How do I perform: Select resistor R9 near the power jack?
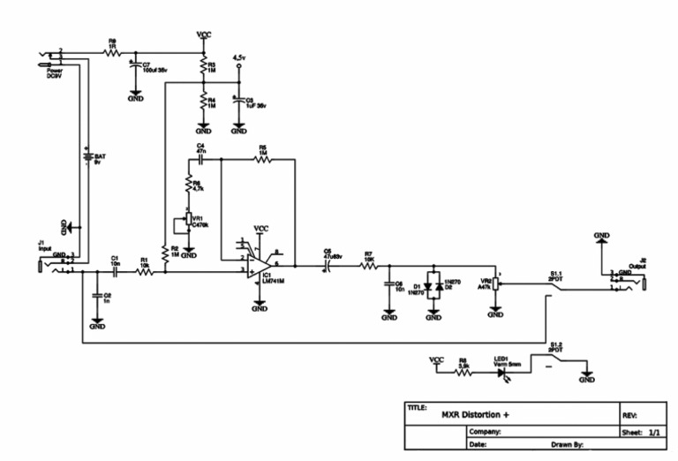(x=112, y=54)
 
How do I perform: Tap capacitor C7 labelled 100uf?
(x=133, y=67)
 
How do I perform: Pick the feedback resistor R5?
(x=262, y=160)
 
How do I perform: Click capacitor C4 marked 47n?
(x=201, y=160)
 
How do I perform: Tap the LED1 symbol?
(x=504, y=374)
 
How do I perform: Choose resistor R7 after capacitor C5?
(x=369, y=265)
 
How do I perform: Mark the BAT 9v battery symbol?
(x=87, y=159)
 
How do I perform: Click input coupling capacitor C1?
(x=115, y=272)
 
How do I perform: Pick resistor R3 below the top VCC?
(x=203, y=66)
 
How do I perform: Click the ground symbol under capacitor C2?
(x=97, y=324)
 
